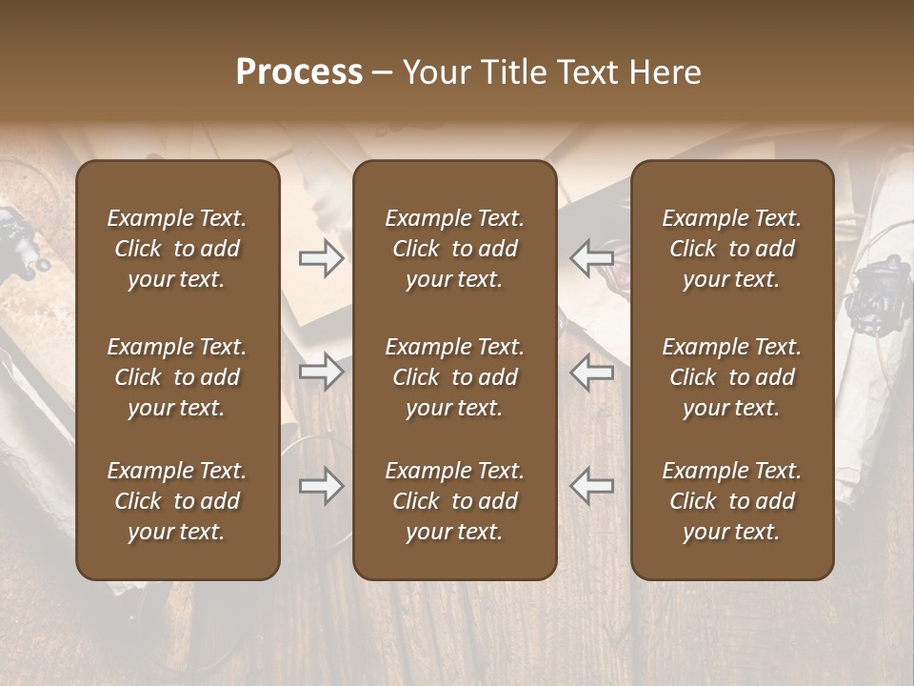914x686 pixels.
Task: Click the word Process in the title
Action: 299,72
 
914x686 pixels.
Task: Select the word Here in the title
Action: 666,72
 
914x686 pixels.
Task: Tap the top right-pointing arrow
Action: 321,258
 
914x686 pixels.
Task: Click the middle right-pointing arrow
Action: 321,371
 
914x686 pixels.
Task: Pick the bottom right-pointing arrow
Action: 321,486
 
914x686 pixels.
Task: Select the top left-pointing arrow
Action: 592,258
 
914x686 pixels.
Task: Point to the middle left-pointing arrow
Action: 592,371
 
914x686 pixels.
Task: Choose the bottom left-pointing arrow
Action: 592,486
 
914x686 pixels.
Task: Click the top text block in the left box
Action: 177,249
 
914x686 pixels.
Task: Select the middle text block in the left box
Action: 177,377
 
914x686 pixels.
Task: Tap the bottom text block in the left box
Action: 177,501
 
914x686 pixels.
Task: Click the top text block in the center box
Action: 455,249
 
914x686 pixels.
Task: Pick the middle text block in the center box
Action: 455,377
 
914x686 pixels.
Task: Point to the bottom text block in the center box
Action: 455,501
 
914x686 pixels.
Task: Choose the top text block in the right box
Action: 732,249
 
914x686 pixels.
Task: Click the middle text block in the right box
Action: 732,377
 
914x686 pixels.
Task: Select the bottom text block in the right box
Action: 732,501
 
